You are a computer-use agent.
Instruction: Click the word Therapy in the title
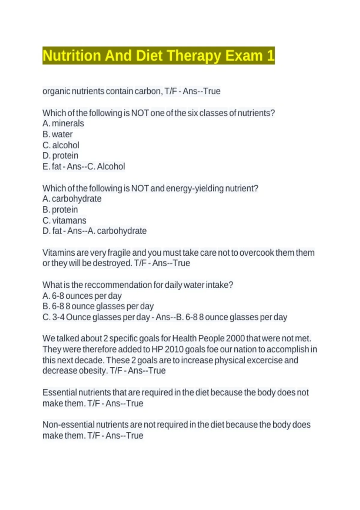coord(193,56)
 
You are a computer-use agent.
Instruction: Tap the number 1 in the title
coord(270,56)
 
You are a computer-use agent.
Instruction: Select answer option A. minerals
coord(63,123)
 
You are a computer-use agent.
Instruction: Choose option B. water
coord(58,134)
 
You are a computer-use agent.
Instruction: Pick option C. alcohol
coord(61,145)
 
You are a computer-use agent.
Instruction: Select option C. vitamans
coord(64,220)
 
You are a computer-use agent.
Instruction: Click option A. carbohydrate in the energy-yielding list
coord(72,199)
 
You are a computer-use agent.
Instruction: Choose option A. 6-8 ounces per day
coord(82,296)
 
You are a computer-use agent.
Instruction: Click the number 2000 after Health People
coord(235,338)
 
